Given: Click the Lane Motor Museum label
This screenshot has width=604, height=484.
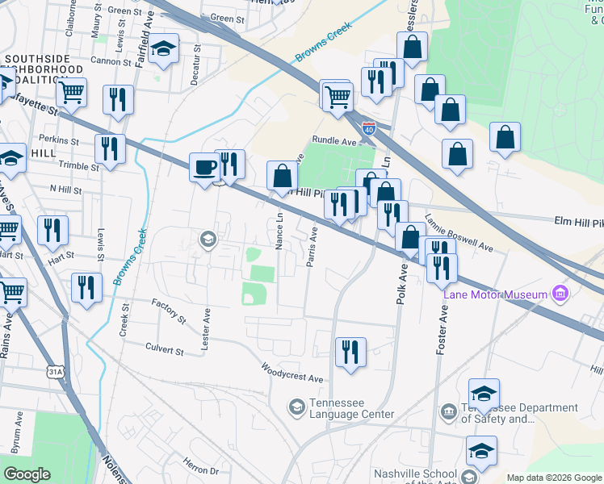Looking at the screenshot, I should [x=495, y=294].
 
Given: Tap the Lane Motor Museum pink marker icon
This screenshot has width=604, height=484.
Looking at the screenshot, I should [x=560, y=292].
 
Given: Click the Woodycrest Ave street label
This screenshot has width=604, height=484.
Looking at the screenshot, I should [x=292, y=373].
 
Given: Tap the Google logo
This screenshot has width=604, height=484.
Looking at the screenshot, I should [x=27, y=474].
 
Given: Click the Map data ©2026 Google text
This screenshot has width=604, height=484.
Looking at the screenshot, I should [x=554, y=478].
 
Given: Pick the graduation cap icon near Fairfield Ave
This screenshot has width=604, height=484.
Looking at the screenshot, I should [x=163, y=50].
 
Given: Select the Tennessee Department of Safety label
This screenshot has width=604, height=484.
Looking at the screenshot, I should [x=498, y=413].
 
